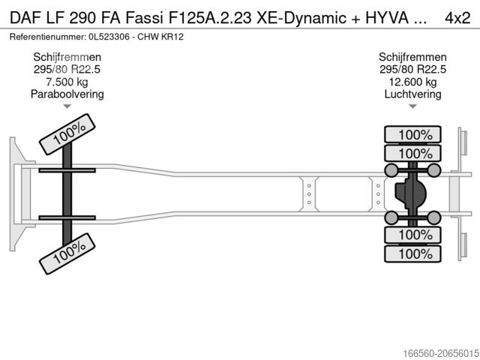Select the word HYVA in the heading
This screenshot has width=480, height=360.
point(385,16)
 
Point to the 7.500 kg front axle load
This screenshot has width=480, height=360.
point(67,82)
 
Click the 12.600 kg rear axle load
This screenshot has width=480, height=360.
point(413,82)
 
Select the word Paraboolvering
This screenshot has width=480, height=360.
point(67,94)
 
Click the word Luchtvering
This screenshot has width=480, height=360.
point(413,94)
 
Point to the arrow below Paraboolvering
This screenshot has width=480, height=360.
point(67,106)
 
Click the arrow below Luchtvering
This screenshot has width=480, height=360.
point(413,106)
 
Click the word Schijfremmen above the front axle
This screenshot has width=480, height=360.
point(67,58)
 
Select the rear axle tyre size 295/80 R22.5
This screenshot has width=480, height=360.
point(413,70)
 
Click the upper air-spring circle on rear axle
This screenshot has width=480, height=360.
point(391,171)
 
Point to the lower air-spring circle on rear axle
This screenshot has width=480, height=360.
point(391,217)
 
